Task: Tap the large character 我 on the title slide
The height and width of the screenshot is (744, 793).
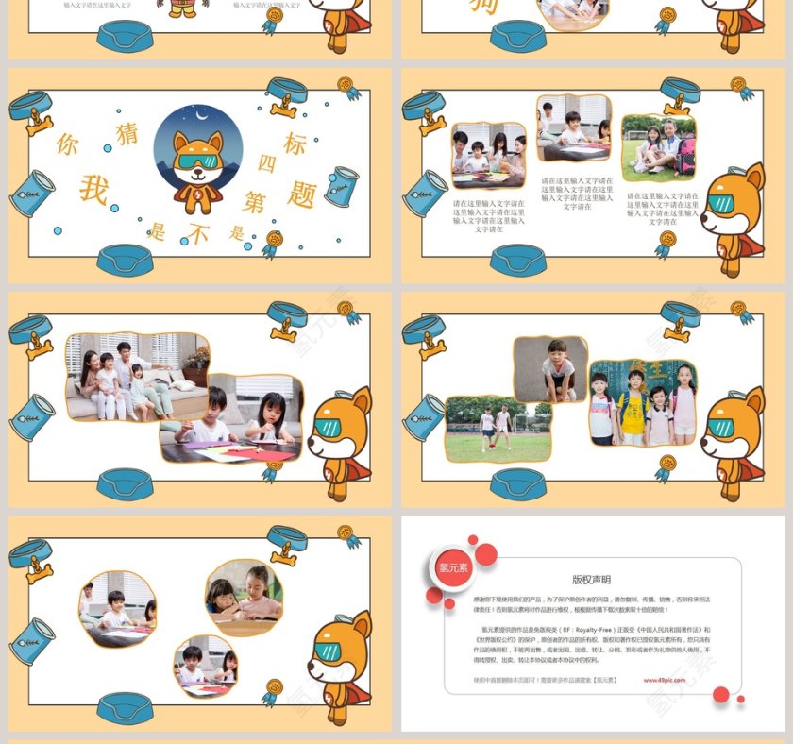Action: pyautogui.click(x=93, y=189)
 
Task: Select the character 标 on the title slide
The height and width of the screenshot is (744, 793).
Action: pyautogui.click(x=295, y=144)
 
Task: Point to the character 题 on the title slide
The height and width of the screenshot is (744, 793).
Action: pyautogui.click(x=301, y=194)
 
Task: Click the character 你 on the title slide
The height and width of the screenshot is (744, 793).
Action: pyautogui.click(x=67, y=144)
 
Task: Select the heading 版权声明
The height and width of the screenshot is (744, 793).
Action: pyautogui.click(x=591, y=580)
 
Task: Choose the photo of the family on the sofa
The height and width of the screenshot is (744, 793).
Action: pyautogui.click(x=137, y=376)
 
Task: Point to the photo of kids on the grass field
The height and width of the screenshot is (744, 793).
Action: pyautogui.click(x=498, y=429)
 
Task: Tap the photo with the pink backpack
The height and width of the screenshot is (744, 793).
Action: pyautogui.click(x=659, y=148)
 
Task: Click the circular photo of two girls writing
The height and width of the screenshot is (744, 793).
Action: pyautogui.click(x=244, y=597)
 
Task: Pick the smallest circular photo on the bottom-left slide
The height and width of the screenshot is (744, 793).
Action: pyautogui.click(x=205, y=665)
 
